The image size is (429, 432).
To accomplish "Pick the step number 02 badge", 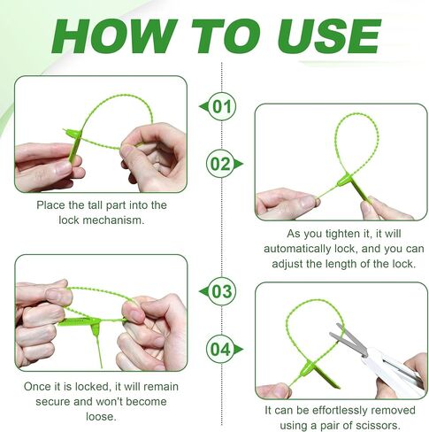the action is pos(224,164).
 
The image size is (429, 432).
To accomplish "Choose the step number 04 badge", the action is pos(224,349).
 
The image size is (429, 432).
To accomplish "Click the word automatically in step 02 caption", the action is pos(297,249).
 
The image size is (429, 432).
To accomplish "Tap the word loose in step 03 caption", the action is pos(101,417).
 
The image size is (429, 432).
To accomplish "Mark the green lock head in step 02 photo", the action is pos(344,180).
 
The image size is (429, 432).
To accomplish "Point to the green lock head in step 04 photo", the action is pos(307,367).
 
